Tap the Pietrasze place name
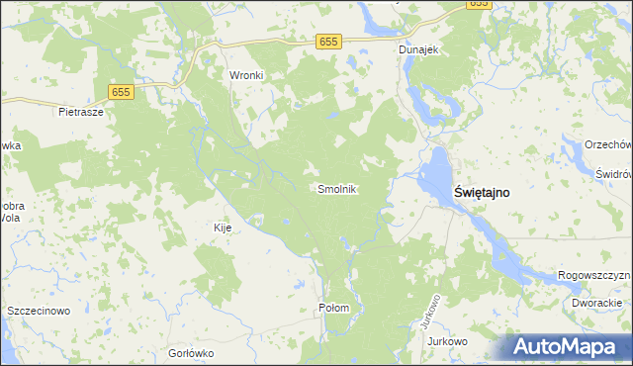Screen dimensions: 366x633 [x=81, y=112]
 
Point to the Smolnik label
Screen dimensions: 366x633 [x=336, y=188]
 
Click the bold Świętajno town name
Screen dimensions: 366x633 [x=482, y=193]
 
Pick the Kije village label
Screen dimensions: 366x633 [x=223, y=228]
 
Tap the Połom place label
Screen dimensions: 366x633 [x=334, y=308]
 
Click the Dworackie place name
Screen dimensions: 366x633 [x=596, y=303]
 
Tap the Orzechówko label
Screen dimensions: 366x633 [x=607, y=144]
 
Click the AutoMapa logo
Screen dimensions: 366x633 [x=569, y=347]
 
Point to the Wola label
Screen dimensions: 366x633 [x=9, y=220]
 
